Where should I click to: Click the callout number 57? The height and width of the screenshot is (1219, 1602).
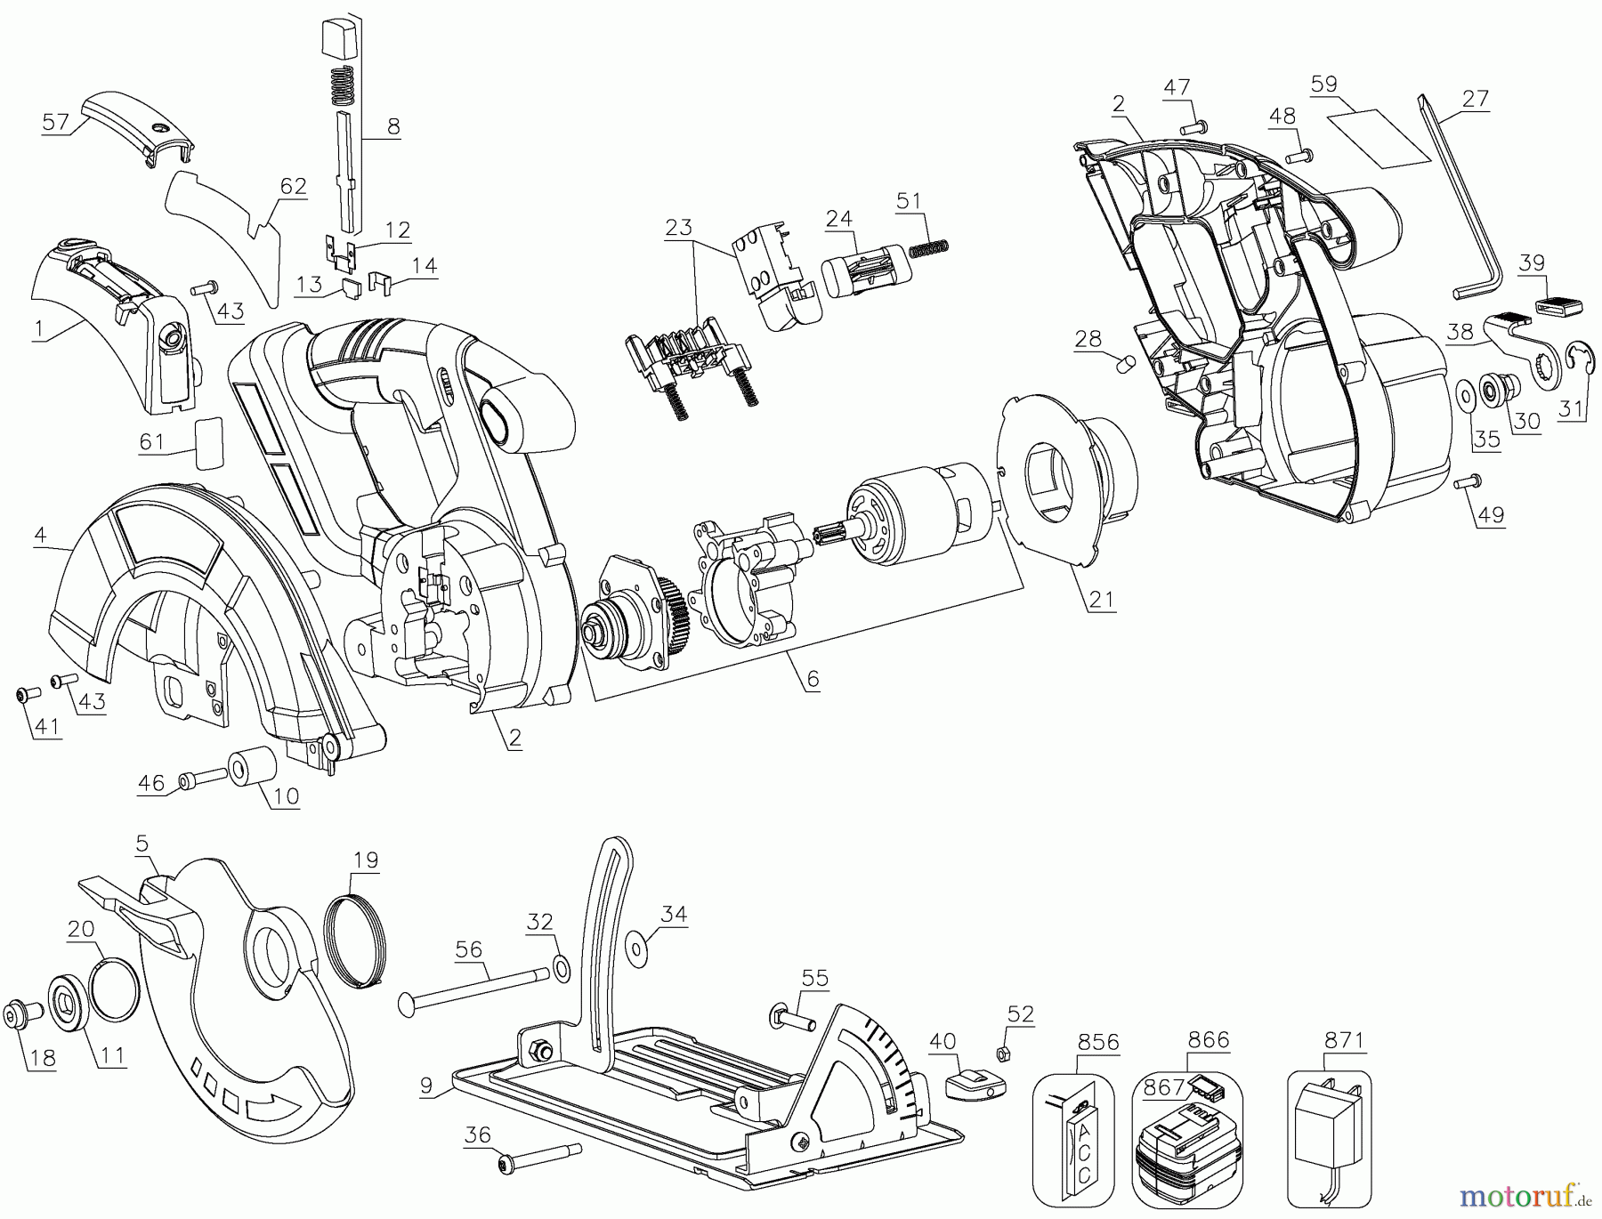(x=55, y=122)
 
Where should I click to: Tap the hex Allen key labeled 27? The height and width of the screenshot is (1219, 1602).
(x=1460, y=214)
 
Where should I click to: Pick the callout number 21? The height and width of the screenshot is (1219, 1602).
(x=1101, y=598)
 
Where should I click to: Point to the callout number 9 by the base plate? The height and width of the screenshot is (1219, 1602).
(x=426, y=1086)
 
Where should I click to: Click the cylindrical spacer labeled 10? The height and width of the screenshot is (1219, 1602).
(x=253, y=768)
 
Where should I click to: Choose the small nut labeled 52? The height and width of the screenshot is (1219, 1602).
(x=999, y=1054)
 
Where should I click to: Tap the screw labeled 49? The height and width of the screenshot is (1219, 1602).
(x=1467, y=482)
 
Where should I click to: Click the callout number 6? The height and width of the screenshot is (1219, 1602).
(x=812, y=679)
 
